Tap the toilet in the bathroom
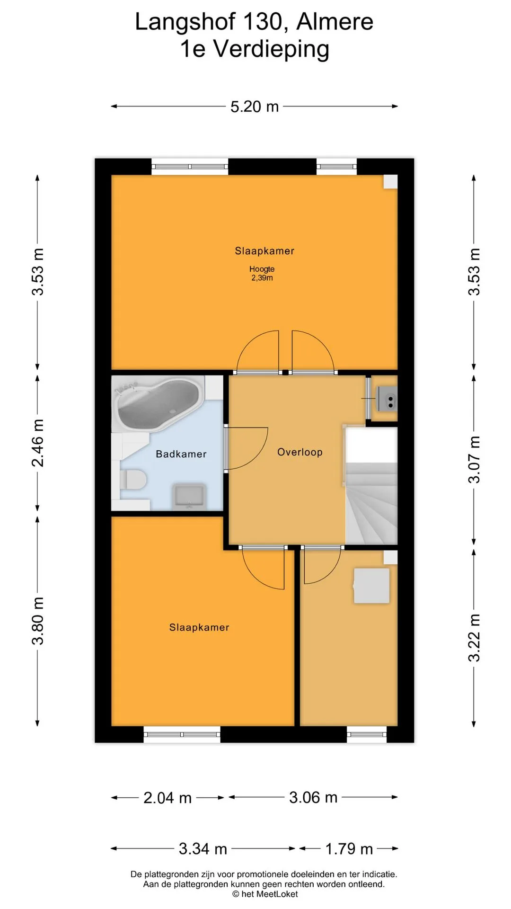[x=132, y=479]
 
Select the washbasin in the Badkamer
[x=189, y=496]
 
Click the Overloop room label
[x=300, y=452]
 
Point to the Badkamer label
[x=181, y=454]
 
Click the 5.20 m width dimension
[x=255, y=107]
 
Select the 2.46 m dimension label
[x=38, y=443]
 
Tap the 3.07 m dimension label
[x=474, y=459]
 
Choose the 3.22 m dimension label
[x=474, y=638]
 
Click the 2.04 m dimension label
[x=167, y=798]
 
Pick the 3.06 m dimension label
[x=313, y=797]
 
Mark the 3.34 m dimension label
[x=203, y=849]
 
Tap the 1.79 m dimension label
[x=349, y=849]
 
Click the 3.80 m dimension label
[x=38, y=621]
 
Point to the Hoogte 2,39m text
[x=262, y=273]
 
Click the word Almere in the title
[x=335, y=22]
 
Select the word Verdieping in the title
[x=272, y=49]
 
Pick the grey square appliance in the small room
[x=372, y=586]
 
